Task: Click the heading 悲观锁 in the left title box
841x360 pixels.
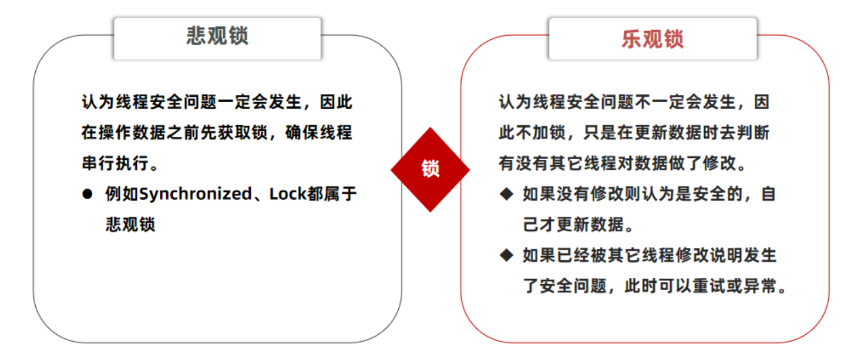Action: pos(217,36)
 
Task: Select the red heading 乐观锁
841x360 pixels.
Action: pos(652,39)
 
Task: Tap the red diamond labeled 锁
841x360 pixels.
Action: pos(430,170)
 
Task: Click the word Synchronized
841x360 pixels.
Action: pos(195,194)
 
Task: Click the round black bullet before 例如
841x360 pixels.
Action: pos(87,194)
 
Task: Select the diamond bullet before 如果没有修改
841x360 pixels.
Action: pos(506,194)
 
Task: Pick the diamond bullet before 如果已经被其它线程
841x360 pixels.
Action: pos(506,255)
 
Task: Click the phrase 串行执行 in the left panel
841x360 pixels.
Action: pos(115,163)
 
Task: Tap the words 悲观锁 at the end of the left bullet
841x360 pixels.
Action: pos(130,224)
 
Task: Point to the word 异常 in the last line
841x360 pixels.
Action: pos(761,286)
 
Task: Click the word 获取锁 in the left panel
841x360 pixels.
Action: pos(243,133)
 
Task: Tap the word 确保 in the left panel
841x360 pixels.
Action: pos(302,133)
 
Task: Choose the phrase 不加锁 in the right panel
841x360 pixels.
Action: pos(541,133)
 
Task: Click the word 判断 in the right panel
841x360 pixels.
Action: pos(753,133)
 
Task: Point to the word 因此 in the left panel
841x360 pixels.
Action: pos(336,102)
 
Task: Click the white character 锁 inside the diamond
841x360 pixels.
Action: pos(430,169)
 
